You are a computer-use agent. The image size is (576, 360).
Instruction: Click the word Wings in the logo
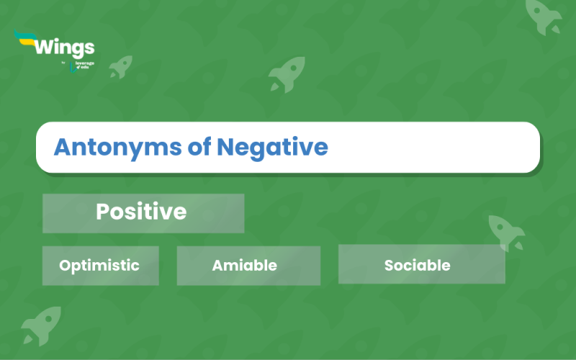point(64,48)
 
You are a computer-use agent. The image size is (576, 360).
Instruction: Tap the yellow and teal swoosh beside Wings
point(25,39)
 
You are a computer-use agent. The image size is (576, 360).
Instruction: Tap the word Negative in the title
point(272,148)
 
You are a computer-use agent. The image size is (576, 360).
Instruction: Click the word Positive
point(141,212)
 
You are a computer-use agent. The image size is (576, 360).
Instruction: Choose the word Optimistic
point(99,265)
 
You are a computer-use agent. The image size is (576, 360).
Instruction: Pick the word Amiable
point(244,265)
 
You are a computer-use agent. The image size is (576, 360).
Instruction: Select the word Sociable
point(417,265)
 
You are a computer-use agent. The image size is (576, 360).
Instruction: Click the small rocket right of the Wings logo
point(120,66)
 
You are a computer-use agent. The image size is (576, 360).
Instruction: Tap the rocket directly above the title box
point(286,74)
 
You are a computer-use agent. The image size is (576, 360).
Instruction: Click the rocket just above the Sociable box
point(506,231)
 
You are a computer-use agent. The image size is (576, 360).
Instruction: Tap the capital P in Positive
point(103,212)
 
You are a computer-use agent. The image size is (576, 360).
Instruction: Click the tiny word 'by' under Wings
point(63,63)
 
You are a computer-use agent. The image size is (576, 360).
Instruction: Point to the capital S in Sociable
point(389,265)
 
